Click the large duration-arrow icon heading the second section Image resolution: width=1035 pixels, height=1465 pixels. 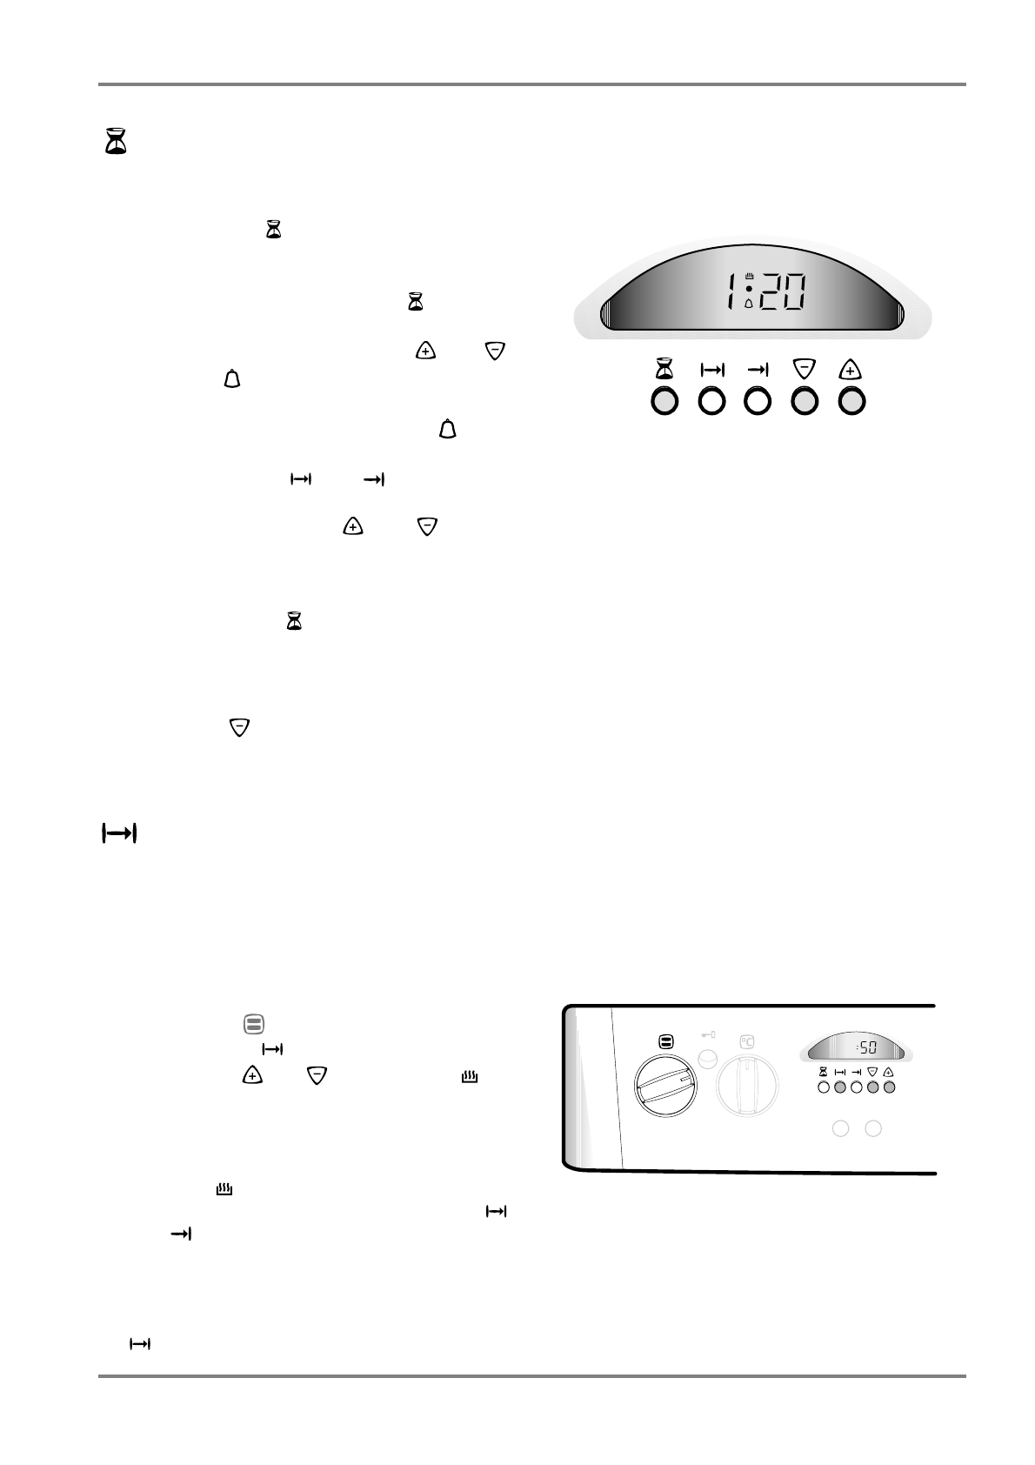click(x=120, y=833)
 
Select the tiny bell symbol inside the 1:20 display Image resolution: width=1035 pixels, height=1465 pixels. click(x=749, y=304)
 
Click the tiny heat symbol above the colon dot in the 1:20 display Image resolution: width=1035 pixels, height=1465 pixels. click(x=749, y=277)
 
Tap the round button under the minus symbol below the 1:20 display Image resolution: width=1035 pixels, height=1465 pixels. click(x=805, y=401)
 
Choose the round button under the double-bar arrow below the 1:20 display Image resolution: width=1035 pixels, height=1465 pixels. click(x=712, y=401)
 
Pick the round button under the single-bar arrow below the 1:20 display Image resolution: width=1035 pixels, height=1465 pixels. click(x=758, y=401)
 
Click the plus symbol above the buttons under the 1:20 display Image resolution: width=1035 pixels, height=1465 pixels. click(x=851, y=370)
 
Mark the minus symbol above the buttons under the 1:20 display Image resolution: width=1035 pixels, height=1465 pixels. click(x=805, y=370)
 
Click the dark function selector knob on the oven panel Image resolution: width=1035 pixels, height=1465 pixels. click(x=666, y=1085)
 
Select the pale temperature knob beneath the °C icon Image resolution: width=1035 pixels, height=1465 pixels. click(x=746, y=1085)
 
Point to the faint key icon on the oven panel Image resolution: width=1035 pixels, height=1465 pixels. click(x=708, y=1035)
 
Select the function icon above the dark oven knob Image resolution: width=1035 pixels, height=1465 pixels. click(x=666, y=1040)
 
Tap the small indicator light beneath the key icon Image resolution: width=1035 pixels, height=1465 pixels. click(x=709, y=1058)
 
